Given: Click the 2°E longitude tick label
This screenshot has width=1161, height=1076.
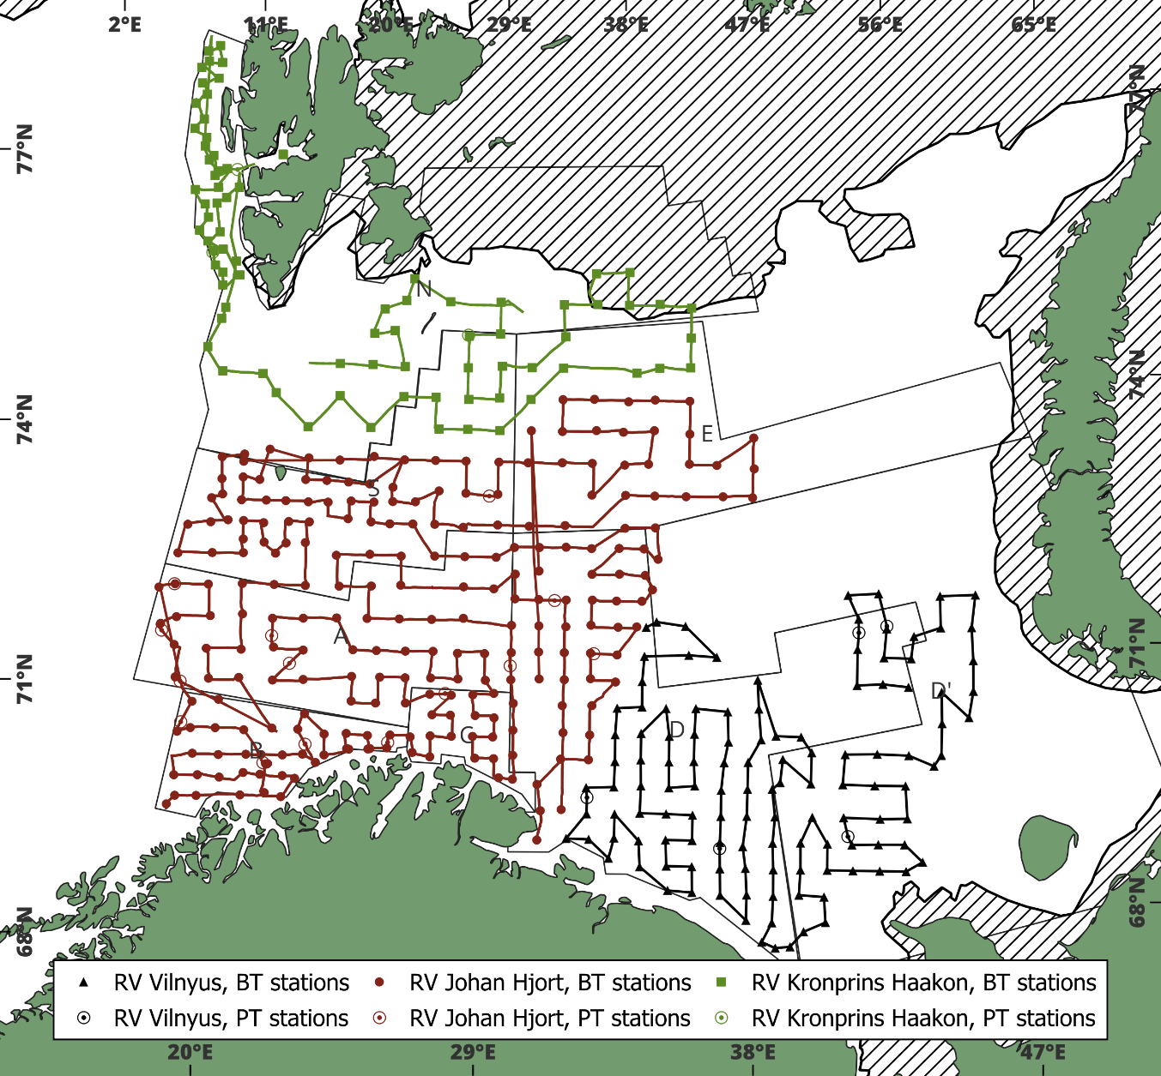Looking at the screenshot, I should click(x=124, y=24).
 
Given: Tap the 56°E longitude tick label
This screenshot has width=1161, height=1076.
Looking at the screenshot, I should click(x=880, y=24).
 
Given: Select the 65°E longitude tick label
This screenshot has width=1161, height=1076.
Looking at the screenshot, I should click(x=1033, y=24).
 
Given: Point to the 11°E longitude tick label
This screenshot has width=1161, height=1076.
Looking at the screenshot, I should click(x=266, y=24).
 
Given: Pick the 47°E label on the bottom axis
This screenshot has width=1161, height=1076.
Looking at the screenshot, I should click(x=1043, y=1052).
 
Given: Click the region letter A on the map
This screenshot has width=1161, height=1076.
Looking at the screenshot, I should click(x=341, y=636).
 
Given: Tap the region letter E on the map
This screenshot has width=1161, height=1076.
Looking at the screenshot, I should click(x=707, y=434).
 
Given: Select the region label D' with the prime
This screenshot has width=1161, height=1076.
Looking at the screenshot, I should click(x=941, y=691).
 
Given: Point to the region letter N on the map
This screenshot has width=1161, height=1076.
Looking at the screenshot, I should click(x=423, y=289).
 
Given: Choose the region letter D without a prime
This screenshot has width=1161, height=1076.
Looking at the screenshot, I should click(x=677, y=730).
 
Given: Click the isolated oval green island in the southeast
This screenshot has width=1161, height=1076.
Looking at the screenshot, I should click(x=1048, y=847).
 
